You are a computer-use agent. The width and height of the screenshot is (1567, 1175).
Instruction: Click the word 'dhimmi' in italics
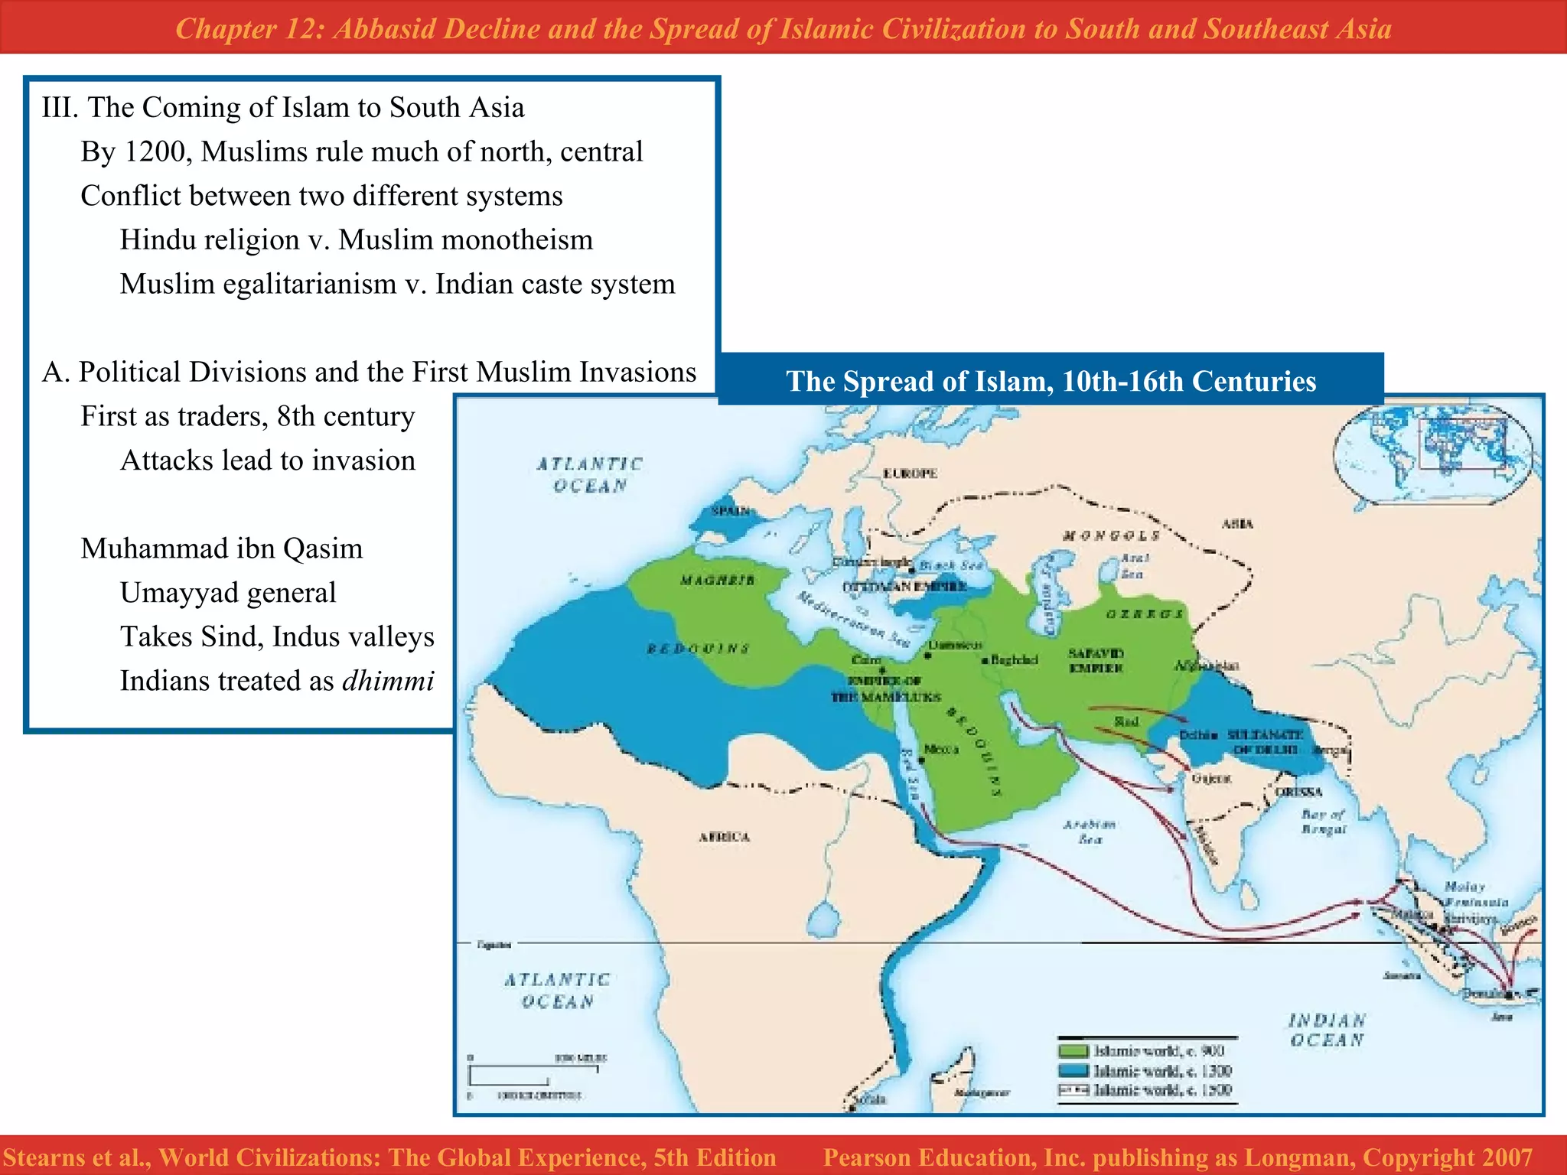388,681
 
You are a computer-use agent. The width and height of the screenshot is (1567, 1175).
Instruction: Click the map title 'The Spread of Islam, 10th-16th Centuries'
1051,381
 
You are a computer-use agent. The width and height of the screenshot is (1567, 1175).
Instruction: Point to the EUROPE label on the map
910,474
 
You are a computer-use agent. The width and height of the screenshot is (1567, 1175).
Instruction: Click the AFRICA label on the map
724,837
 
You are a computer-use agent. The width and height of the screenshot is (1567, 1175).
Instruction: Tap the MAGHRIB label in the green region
717,581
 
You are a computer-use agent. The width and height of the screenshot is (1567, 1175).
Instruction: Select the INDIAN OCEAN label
1327,1030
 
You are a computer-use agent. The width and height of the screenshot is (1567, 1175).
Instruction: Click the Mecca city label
941,750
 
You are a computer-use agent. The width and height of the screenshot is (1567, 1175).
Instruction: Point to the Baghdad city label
1013,659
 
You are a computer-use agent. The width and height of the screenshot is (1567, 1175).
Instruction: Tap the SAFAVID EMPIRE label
1096,660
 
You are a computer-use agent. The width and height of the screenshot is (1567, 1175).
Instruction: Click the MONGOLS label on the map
1112,535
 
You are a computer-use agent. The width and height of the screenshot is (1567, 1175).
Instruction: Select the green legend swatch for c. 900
1073,1052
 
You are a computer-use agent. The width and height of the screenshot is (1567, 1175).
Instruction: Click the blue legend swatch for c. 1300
1073,1071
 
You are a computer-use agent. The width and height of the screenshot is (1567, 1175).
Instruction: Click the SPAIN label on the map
731,511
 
